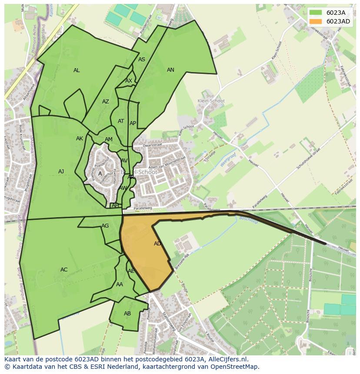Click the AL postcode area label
pos(77,70)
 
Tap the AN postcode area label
pos(170,70)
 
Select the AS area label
pos(142,60)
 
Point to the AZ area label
pos(106,102)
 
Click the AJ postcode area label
pos(61,172)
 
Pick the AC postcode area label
pos(64,270)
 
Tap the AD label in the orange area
pos(157,244)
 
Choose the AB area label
pos(127,314)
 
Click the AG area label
pos(105,226)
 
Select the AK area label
pos(80,139)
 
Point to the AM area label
pos(109,139)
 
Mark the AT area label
pos(121,121)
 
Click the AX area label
pos(129,81)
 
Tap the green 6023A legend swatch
pos(316,13)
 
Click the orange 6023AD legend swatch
pos(316,21)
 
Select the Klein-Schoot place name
pos(211,101)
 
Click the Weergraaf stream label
pos(227,159)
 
